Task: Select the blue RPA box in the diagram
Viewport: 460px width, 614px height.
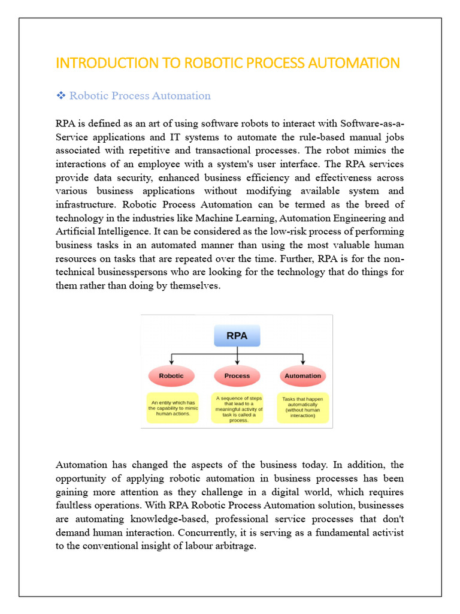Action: pos(237,336)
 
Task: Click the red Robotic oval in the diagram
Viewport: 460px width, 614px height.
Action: pos(171,376)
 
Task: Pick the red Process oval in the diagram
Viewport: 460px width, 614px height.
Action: pos(237,376)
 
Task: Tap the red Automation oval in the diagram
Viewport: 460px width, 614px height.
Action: pos(302,376)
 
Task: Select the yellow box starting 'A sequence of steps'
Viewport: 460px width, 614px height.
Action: pos(237,408)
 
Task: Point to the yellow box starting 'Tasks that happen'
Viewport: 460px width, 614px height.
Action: pos(302,407)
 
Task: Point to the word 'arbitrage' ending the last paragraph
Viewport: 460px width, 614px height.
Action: pos(235,546)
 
